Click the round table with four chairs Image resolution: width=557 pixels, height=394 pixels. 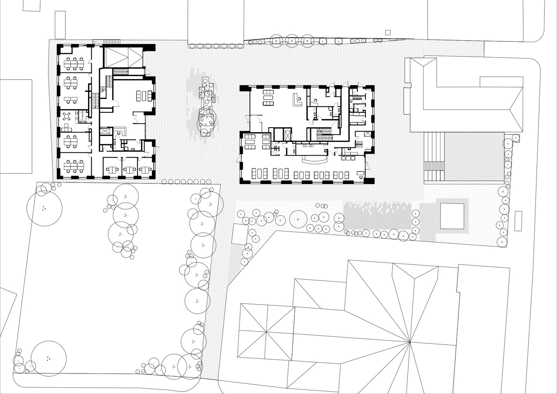pyautogui.click(x=67, y=115)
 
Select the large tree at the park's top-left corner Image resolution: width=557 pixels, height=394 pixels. pyautogui.click(x=44, y=208)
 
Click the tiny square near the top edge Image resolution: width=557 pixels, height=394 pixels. pyautogui.click(x=388, y=32)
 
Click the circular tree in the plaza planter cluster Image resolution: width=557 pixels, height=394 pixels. pyautogui.click(x=205, y=120)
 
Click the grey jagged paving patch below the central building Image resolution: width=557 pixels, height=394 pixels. pyautogui.click(x=377, y=216)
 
